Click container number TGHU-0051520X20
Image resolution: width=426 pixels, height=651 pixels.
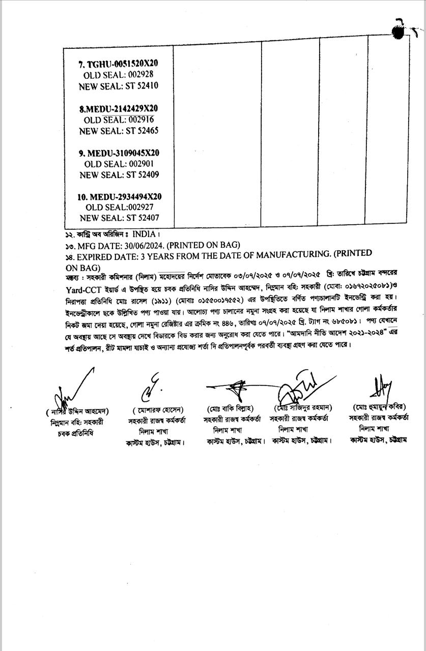(x=122, y=64)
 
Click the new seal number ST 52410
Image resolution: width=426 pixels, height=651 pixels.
(x=141, y=86)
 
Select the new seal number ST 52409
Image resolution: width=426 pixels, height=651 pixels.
(x=143, y=175)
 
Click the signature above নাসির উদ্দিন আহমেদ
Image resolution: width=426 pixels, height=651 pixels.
(x=74, y=389)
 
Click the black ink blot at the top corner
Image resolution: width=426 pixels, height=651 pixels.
(x=402, y=32)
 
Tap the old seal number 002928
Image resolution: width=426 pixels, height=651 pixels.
(x=141, y=75)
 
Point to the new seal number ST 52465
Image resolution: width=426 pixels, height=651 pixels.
(x=142, y=131)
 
